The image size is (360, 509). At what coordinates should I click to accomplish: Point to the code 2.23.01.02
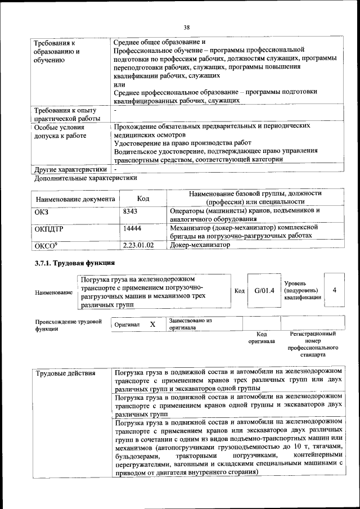click(x=138, y=245)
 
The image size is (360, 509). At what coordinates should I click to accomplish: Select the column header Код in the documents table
click(x=143, y=199)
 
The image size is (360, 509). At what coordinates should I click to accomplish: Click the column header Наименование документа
click(x=75, y=199)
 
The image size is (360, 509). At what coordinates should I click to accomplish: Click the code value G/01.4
click(x=263, y=290)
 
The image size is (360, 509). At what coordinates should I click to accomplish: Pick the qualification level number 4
click(x=335, y=290)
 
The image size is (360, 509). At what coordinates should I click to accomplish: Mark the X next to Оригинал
click(x=152, y=325)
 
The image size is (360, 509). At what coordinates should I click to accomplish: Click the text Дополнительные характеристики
click(x=85, y=178)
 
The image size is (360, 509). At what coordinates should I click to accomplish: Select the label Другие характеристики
click(x=70, y=169)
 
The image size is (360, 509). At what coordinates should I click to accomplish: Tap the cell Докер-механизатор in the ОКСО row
click(x=200, y=245)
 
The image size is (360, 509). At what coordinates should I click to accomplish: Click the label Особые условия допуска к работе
click(x=59, y=132)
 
